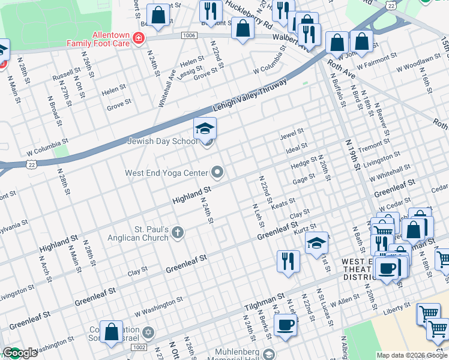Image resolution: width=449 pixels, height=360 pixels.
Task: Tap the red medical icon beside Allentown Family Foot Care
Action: click(x=139, y=39)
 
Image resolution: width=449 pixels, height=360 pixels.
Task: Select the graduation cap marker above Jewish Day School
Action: click(x=205, y=128)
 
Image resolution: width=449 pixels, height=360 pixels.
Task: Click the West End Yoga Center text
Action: click(x=166, y=173)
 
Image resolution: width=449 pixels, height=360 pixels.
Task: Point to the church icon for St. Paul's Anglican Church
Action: click(x=177, y=233)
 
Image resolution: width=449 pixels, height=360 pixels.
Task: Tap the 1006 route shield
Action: click(x=189, y=36)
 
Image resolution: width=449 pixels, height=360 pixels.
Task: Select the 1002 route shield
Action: click(x=138, y=347)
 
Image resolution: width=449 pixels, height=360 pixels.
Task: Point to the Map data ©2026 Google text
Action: click(x=412, y=355)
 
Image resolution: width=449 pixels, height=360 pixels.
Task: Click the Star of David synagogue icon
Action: click(x=149, y=332)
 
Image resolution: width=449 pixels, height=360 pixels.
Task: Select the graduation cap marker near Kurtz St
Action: click(x=316, y=243)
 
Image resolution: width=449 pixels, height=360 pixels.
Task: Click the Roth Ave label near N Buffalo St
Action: click(x=340, y=66)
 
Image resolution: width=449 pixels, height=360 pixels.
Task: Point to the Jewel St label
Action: click(x=292, y=133)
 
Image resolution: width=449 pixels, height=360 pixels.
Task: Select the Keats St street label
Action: click(x=283, y=203)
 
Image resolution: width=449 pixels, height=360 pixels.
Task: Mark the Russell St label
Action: click(x=62, y=77)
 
